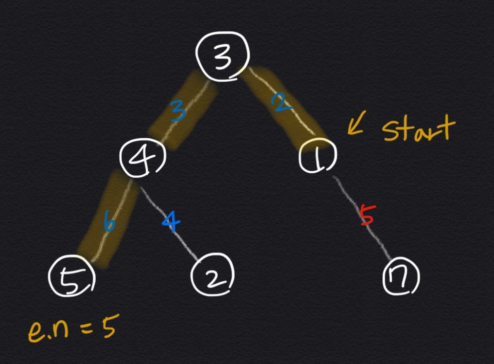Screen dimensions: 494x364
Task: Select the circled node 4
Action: (x=143, y=156)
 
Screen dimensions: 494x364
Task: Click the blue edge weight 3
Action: (x=178, y=111)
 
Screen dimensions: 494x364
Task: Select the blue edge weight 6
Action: (x=109, y=224)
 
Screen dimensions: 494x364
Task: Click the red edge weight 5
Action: (x=366, y=215)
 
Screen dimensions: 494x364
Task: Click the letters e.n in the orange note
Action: (x=48, y=332)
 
